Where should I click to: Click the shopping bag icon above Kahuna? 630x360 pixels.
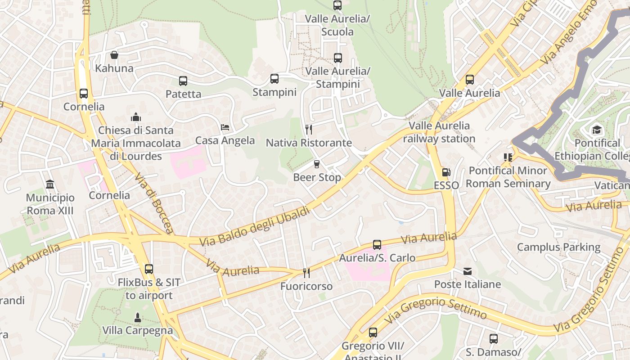(114, 55)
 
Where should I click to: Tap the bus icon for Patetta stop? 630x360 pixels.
(183, 81)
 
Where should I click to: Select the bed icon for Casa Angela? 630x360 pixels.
(225, 127)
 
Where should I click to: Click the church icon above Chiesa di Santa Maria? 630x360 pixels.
(136, 117)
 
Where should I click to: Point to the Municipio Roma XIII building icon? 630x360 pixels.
(50, 184)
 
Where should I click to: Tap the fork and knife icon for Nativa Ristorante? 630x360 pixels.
(309, 130)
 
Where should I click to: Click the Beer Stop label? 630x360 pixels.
(317, 177)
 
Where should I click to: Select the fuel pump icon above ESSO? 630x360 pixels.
(446, 172)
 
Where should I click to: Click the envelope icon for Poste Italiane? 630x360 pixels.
(468, 271)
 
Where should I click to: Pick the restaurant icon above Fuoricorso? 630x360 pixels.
(306, 273)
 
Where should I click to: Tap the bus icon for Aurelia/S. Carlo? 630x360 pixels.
(377, 245)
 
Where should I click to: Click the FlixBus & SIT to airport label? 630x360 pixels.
(149, 289)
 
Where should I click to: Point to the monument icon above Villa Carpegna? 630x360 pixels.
(138, 317)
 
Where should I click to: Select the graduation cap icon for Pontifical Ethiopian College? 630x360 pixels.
(597, 130)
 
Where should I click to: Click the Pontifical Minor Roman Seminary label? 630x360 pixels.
(508, 177)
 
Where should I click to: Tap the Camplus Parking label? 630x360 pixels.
(558, 247)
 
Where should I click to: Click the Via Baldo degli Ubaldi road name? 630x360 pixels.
(255, 226)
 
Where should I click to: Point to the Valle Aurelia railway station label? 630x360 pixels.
(439, 132)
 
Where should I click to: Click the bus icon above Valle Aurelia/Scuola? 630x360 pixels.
(337, 5)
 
